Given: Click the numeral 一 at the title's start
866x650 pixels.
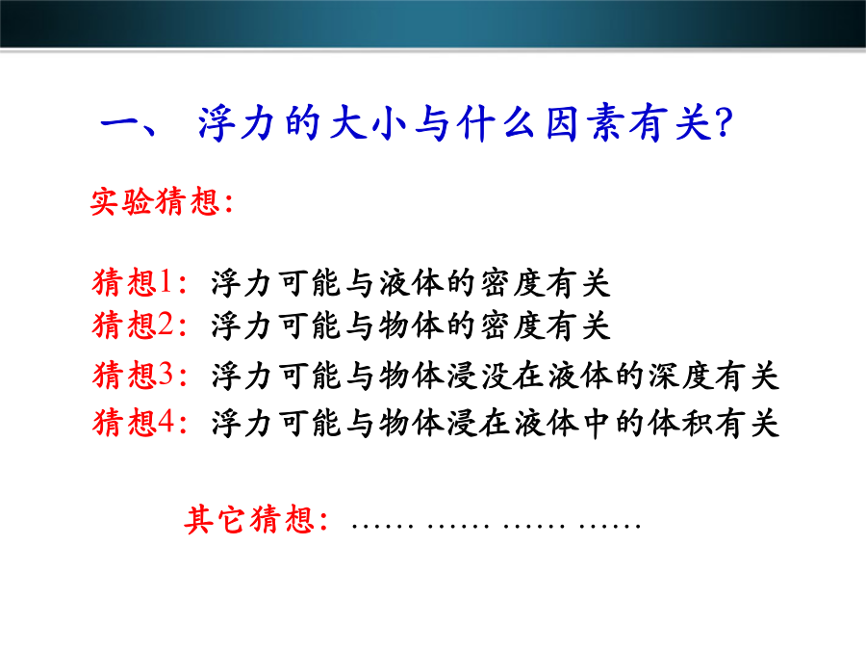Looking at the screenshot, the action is pyautogui.click(x=121, y=123).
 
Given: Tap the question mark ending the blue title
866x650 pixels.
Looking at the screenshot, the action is pyautogui.click(x=724, y=122).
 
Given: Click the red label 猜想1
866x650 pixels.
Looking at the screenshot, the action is pyautogui.click(x=133, y=282).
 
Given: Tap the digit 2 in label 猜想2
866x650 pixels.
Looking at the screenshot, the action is pyautogui.click(x=166, y=325).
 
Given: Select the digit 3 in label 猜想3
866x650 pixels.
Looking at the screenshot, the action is pyautogui.click(x=166, y=375).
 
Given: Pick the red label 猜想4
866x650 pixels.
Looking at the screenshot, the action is pyautogui.click(x=133, y=423).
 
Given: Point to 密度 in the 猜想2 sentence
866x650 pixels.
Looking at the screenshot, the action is pyautogui.click(x=512, y=325).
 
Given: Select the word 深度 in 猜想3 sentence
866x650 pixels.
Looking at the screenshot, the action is pyautogui.click(x=680, y=376).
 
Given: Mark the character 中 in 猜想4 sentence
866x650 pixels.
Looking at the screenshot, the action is pyautogui.click(x=597, y=424).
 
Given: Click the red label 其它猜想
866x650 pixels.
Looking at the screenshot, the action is pyautogui.click(x=249, y=520).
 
